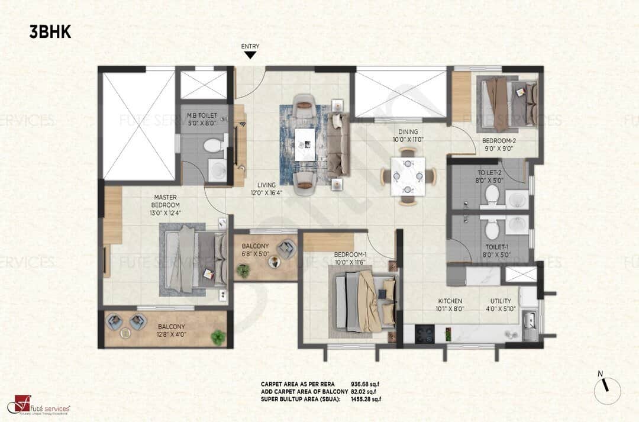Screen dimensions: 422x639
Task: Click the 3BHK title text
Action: coord(50,32)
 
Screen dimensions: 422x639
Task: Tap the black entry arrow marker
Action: coord(250,55)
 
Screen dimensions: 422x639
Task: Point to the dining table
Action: coord(408,175)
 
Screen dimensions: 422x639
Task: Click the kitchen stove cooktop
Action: coord(424,334)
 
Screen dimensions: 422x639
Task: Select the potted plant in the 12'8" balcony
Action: coord(218,337)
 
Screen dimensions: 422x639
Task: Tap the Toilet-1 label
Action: coord(496,251)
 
